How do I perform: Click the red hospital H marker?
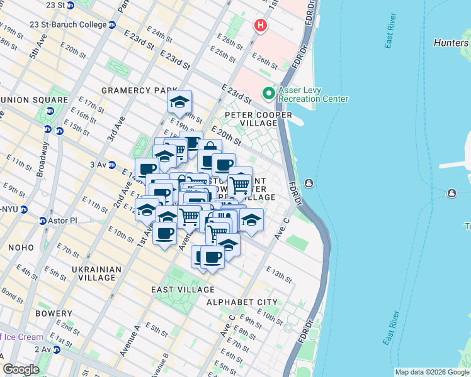coord(260,26)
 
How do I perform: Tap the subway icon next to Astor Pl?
coord(43,221)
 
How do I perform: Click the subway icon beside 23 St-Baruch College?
coord(112,25)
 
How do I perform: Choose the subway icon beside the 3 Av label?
coord(113,165)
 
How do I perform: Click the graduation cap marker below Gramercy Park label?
coord(180,103)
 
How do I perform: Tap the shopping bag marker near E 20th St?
coord(208,150)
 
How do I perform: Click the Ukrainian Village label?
coord(96,273)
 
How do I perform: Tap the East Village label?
coord(183,289)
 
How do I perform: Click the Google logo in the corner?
coord(21,369)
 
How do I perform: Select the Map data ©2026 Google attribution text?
coord(431,372)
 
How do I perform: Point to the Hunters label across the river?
coord(451,43)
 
